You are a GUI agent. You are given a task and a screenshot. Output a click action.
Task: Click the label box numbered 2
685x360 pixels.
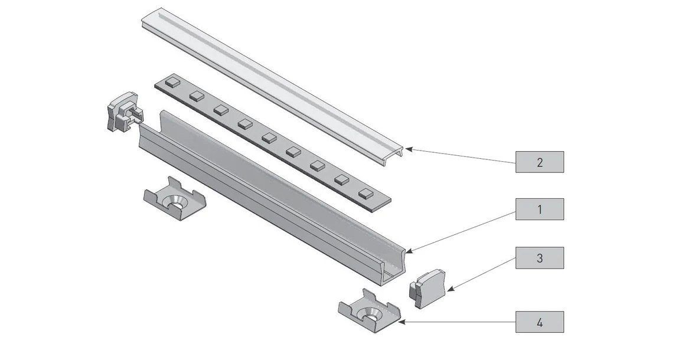[539, 162]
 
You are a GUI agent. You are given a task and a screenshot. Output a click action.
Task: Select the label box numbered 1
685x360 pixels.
[539, 209]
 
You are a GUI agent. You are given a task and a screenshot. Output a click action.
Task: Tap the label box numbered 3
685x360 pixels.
[539, 258]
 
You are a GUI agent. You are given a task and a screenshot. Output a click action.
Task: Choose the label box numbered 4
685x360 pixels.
[539, 322]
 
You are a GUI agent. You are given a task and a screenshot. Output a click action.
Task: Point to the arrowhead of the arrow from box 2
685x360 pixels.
[408, 149]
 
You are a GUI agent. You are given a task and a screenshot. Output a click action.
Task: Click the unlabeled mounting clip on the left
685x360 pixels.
[175, 199]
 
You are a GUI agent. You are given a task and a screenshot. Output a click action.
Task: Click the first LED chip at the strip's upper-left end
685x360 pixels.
[172, 81]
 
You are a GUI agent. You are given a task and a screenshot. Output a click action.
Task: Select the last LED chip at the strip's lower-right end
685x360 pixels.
[366, 192]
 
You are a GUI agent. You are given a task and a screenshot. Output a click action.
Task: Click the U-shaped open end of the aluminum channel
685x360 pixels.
[394, 266]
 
